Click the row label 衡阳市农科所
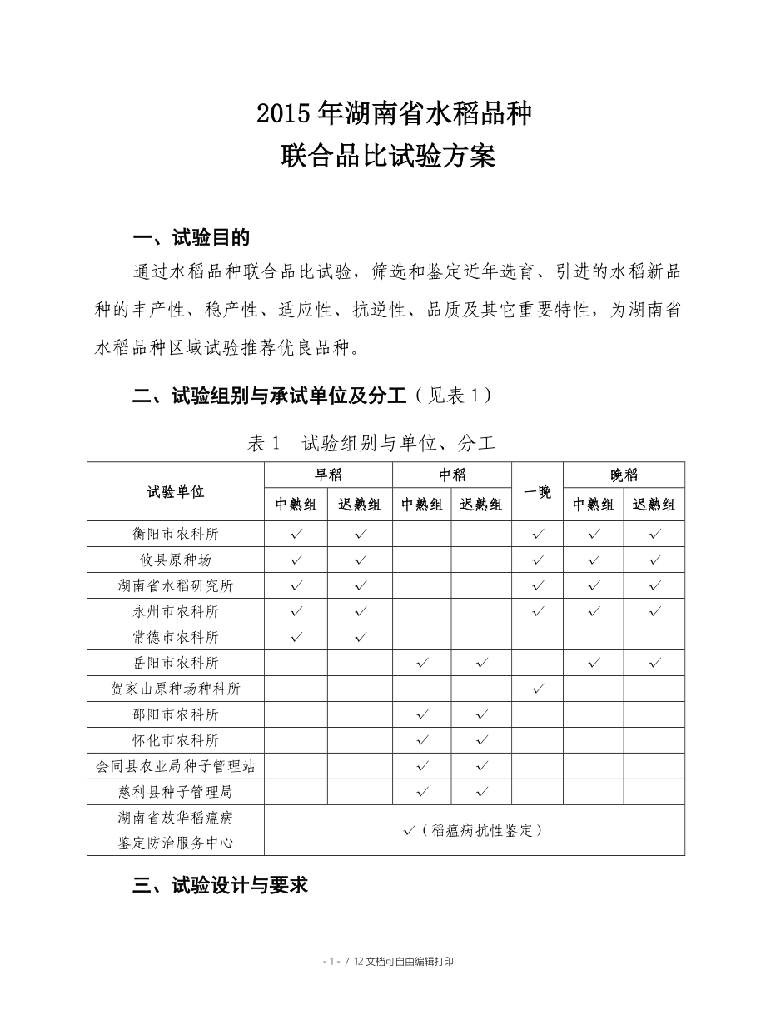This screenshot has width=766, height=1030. pos(176,534)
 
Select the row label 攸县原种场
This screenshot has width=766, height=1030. pos(176,560)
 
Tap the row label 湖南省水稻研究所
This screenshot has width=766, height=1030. pos(176,585)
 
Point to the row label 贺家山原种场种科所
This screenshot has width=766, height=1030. pos(176,689)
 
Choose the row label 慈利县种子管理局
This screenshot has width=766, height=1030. pos(176,792)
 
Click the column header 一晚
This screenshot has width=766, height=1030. pos(538,491)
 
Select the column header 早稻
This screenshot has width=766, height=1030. pos(328,475)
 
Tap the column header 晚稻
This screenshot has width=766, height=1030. pos(624,475)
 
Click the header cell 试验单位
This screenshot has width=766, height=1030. pos(176,491)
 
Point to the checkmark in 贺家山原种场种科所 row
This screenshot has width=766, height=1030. pos(538,689)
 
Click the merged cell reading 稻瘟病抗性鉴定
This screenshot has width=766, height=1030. pos(474,830)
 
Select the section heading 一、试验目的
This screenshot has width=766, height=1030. pos(191,238)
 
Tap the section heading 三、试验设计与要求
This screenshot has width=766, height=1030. pos(221,885)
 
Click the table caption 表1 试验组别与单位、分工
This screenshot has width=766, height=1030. pos(371,443)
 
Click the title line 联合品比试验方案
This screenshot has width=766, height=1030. pos(389,156)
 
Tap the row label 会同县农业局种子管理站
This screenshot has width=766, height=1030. pos(176,766)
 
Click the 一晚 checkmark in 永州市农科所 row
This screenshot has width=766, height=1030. pos(538,611)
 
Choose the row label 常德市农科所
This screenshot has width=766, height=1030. pos(176,637)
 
